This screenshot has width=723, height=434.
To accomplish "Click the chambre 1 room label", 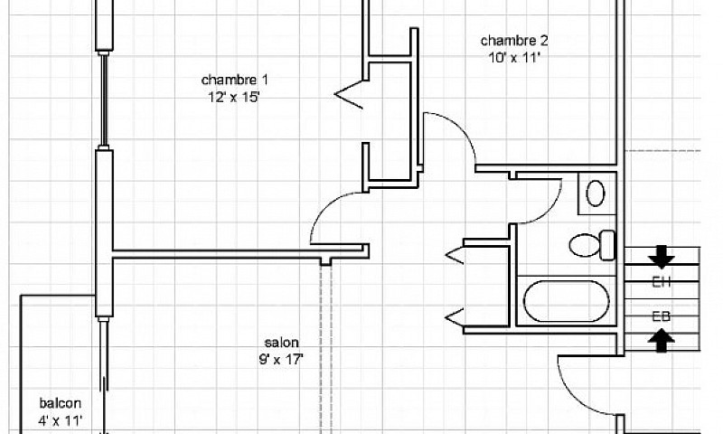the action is click(234, 80).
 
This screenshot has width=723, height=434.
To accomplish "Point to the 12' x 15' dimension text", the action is click(234, 98).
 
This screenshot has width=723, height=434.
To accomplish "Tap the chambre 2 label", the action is click(514, 41).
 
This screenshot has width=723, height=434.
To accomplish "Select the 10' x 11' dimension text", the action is click(514, 58).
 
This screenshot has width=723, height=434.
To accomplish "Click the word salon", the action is click(281, 343).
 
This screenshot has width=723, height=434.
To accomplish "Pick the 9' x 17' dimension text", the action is click(281, 359).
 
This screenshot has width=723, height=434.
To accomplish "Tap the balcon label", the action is click(61, 403).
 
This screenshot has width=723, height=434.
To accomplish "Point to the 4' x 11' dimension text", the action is click(61, 420).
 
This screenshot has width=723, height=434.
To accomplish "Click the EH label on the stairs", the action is click(662, 282).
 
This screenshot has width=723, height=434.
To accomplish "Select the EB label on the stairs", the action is click(662, 316).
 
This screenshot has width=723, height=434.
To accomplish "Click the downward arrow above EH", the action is click(662, 257).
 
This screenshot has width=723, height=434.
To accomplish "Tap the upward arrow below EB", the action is click(662, 340).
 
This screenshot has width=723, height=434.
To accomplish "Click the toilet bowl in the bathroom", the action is click(584, 245).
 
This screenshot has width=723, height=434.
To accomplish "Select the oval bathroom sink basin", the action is click(596, 193).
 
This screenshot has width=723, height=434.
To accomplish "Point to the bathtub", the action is click(567, 301).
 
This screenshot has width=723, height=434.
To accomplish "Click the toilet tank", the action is click(607, 245).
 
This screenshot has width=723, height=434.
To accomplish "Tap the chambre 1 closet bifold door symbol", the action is click(348, 95).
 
